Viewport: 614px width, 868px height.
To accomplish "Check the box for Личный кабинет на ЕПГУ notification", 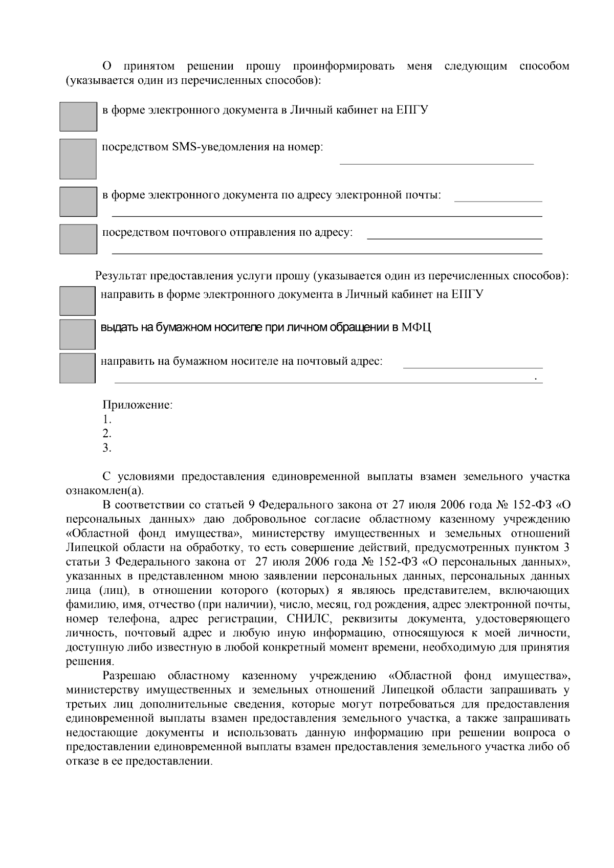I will pyautogui.click(x=78, y=117).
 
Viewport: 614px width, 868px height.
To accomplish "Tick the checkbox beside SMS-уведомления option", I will pyautogui.click(x=78, y=159).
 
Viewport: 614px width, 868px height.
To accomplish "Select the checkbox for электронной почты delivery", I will pyautogui.click(x=78, y=201).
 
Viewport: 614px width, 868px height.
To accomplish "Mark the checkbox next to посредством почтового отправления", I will pyautogui.click(x=78, y=239).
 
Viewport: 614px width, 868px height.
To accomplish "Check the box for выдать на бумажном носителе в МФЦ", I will pyautogui.click(x=77, y=334).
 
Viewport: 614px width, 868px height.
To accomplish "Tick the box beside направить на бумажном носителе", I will pyautogui.click(x=77, y=368).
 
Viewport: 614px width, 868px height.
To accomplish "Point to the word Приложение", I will pyautogui.click(x=137, y=405).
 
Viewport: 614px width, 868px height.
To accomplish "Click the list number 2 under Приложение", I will pyautogui.click(x=106, y=434).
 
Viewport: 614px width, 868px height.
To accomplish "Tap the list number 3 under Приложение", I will pyautogui.click(x=106, y=448).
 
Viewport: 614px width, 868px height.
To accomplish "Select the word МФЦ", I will pyautogui.click(x=416, y=327).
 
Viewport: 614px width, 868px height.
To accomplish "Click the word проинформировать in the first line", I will pyautogui.click(x=343, y=66).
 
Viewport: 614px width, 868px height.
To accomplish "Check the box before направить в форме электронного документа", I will pyautogui.click(x=77, y=301).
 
